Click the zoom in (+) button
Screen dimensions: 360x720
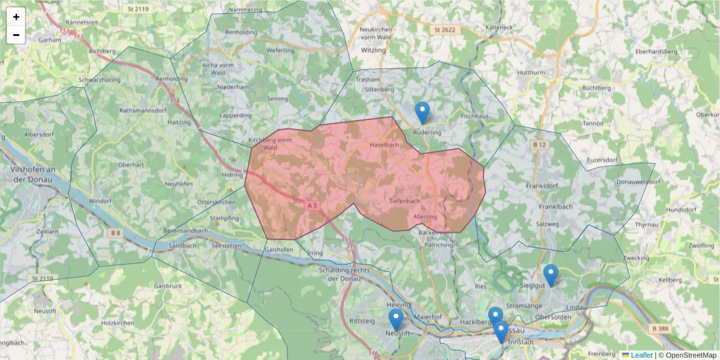tap(16, 17)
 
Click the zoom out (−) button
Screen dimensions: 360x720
tap(16, 35)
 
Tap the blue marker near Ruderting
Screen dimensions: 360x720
tap(422, 112)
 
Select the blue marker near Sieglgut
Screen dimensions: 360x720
tap(550, 275)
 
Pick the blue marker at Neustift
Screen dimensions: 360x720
tap(395, 319)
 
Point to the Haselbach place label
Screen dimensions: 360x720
tap(384, 146)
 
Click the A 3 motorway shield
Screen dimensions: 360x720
tap(311, 205)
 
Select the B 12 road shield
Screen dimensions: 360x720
tap(538, 145)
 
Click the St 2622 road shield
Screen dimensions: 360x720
tap(445, 29)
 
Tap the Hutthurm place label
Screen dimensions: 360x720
tap(531, 73)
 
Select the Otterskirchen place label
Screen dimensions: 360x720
tap(217, 202)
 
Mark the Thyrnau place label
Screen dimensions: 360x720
tap(646, 223)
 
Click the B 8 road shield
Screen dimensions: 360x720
tap(115, 232)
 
